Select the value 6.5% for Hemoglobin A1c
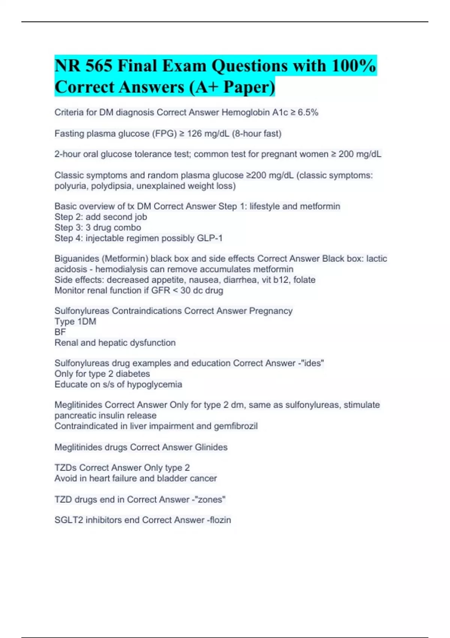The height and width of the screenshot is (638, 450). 308,112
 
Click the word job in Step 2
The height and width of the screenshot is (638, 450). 140,217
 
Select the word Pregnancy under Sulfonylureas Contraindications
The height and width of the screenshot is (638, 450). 271,311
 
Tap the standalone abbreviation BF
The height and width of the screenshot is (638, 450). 60,332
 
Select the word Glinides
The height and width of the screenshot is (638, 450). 211,447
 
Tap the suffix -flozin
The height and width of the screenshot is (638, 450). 219,520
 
